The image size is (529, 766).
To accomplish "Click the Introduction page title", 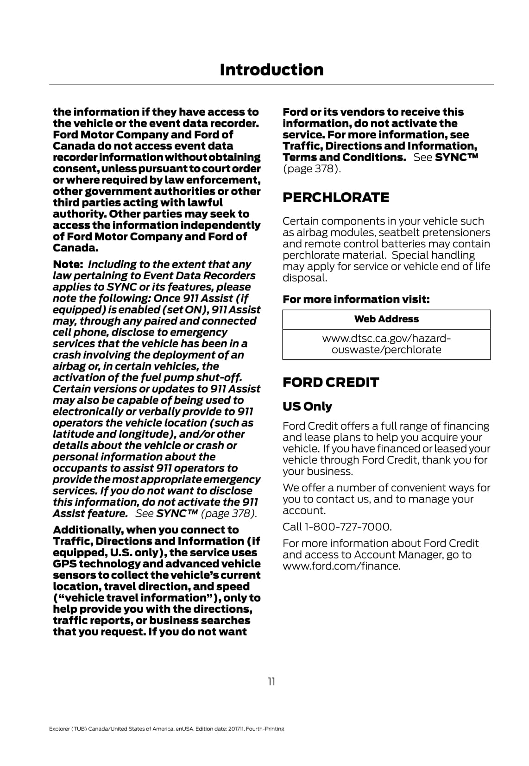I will coord(271,70).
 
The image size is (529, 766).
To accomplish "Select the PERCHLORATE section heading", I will coord(336,197).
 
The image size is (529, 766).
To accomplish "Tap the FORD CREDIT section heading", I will coord(331,383).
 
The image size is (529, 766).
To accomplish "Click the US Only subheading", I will coord(307,406).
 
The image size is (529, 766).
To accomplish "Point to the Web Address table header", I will coord(386,319).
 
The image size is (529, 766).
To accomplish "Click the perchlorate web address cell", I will coord(386,344).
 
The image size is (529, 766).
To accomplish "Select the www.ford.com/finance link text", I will coord(341,566).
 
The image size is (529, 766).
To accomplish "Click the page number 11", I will coord(271,681).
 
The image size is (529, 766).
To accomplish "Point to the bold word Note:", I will coord(68,264).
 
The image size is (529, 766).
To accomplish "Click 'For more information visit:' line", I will coord(356,299).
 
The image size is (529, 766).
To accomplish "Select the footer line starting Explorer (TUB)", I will coord(166,728).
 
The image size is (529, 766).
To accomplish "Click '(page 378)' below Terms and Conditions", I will coord(312,169).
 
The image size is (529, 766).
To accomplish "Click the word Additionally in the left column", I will coord(88,530).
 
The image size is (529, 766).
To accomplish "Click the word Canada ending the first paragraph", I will coord(76,248).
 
